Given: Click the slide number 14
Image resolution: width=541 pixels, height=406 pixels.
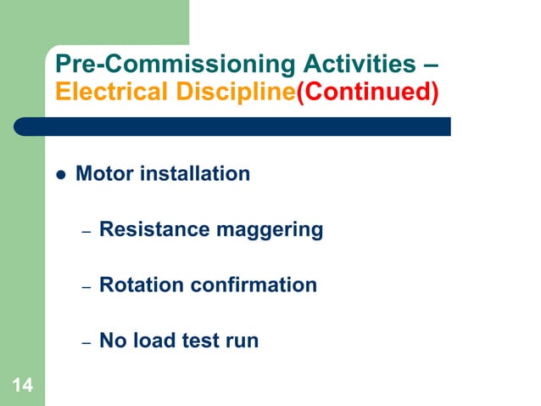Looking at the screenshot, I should tap(23, 386).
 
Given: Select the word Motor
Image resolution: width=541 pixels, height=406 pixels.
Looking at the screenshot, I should tap(103, 174).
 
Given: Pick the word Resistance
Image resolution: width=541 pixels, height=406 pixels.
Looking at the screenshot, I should tap(148, 229).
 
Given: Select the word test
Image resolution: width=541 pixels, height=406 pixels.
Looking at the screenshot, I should tap(202, 341).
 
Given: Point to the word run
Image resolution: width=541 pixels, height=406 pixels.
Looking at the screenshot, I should tap(243, 341).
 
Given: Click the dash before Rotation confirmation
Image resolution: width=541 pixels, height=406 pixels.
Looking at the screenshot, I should tap(86, 288).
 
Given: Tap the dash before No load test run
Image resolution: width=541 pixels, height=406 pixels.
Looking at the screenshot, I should tap(86, 343).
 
